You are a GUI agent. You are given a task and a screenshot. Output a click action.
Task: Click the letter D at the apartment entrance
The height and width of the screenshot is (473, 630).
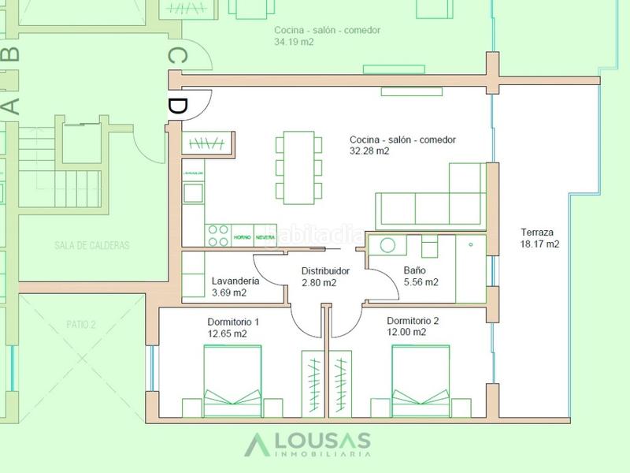click(178, 106)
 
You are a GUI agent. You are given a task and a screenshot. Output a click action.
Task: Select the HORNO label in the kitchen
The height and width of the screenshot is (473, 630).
click(242, 236)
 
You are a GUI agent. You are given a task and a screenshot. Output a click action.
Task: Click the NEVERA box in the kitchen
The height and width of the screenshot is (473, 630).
click(265, 236)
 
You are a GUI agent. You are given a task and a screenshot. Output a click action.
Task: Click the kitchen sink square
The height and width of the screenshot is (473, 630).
click(193, 192)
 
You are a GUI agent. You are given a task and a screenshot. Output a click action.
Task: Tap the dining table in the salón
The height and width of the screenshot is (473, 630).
click(299, 168)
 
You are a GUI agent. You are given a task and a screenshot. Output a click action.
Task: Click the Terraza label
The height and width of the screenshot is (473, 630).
click(537, 233)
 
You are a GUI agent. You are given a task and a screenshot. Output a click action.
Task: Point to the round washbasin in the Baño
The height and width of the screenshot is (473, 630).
click(386, 244)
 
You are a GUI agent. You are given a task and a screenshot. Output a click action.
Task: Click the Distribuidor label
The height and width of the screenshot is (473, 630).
click(325, 270)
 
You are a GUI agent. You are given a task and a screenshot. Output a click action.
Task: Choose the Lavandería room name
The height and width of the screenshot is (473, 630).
click(237, 281)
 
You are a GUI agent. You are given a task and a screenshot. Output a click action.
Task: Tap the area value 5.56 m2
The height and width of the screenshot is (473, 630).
click(421, 281)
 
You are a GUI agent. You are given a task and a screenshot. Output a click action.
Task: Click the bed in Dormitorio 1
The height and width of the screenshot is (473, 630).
click(233, 377)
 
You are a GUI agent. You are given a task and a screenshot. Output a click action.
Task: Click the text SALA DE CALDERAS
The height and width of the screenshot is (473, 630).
click(92, 245)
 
